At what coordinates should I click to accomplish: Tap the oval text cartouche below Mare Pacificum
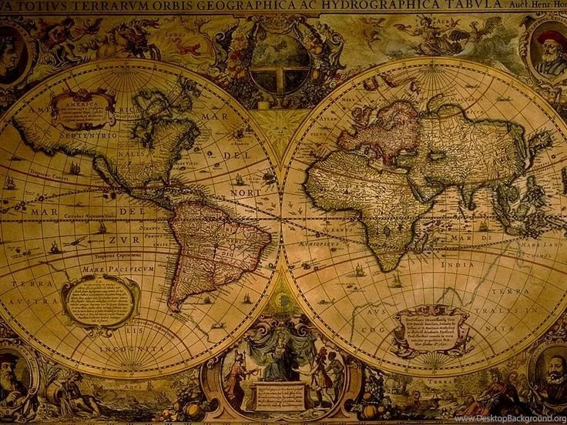[x=100, y=301]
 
